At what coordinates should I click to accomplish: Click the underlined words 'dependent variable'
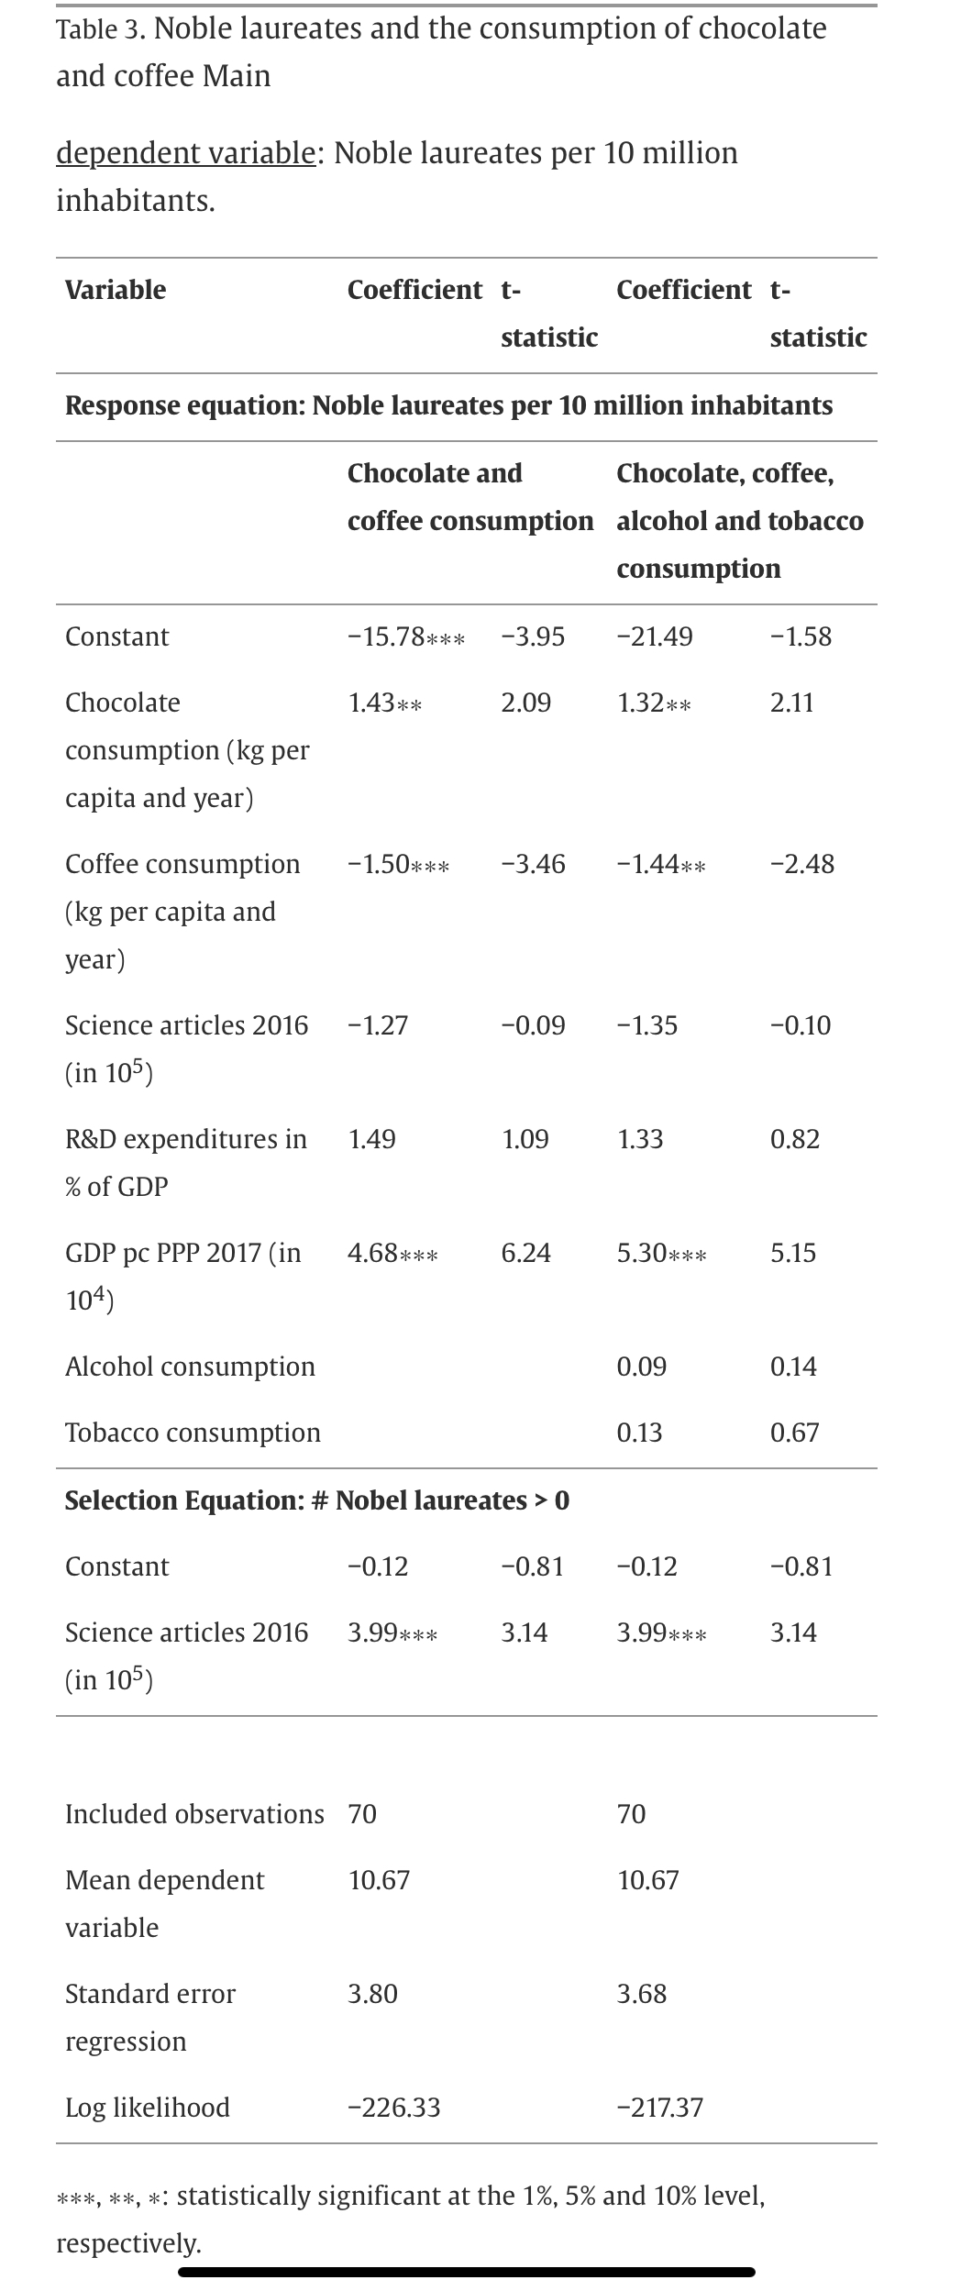[x=185, y=153]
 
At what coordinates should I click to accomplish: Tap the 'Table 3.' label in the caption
[x=100, y=30]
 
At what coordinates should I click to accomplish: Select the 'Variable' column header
[x=116, y=290]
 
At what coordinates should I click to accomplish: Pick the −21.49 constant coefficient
[x=655, y=636]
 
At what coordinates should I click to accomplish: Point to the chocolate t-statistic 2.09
[x=526, y=703]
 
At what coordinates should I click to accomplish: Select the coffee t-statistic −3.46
[x=533, y=864]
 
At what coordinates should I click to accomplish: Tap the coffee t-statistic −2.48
[x=802, y=864]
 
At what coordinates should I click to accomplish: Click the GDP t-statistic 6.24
[x=526, y=1253]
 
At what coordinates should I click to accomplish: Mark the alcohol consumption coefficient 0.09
[x=642, y=1367]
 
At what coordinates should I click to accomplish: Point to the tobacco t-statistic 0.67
[x=794, y=1433]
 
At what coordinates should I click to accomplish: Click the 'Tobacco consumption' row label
[x=193, y=1433]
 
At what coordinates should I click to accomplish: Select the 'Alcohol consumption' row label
[x=190, y=1367]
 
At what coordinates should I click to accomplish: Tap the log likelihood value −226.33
[x=394, y=2108]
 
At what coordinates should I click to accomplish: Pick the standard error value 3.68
[x=642, y=1994]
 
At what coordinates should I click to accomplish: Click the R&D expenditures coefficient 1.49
[x=372, y=1139]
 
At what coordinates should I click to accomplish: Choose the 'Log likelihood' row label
[x=148, y=2108]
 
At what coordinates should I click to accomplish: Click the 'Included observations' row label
[x=194, y=1814]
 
